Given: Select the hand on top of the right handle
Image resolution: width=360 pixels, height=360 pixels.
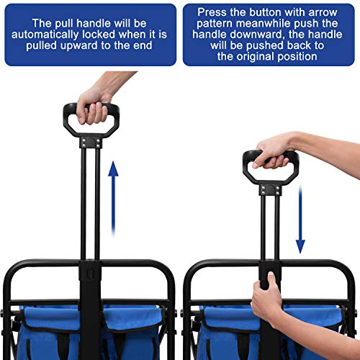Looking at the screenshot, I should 277,150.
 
